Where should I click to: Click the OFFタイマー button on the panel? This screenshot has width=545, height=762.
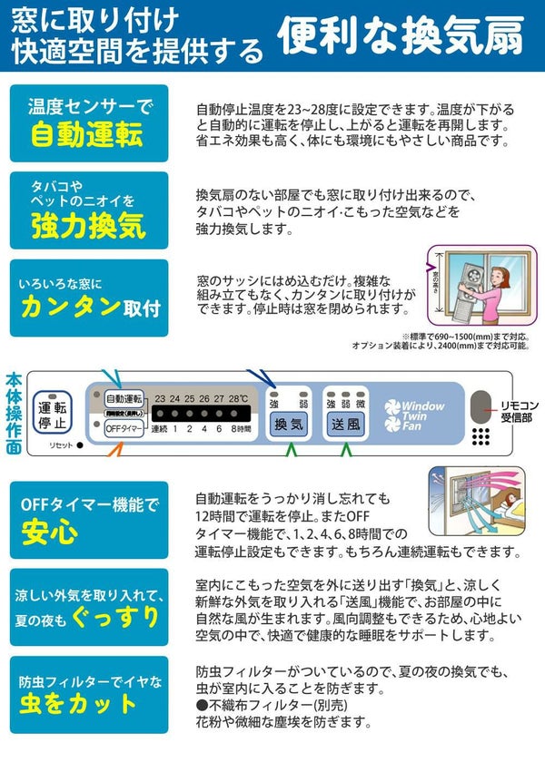point(124,427)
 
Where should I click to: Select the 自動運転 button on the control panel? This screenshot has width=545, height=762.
point(124,398)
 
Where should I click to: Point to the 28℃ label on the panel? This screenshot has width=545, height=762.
point(238,397)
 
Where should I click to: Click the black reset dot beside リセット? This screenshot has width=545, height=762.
point(80,444)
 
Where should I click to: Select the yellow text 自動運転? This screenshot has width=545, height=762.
point(87,134)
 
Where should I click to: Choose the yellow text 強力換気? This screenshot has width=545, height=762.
point(87,224)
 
